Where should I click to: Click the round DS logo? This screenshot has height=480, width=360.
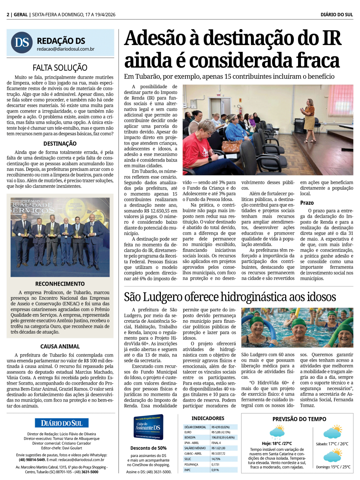[x=22, y=42]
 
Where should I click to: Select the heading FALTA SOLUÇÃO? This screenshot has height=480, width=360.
[x=60, y=68]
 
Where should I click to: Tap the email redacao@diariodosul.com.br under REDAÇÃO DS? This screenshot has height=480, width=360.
[x=66, y=49]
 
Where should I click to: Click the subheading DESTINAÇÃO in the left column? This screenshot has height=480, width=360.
[x=60, y=144]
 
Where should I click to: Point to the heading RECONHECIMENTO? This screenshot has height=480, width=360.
[x=60, y=284]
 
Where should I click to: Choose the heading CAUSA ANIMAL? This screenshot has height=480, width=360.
[x=60, y=347]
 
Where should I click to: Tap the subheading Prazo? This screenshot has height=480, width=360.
[x=307, y=203]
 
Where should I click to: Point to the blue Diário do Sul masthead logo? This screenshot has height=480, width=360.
[x=62, y=423]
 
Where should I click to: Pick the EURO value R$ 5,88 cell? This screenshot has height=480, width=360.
[x=221, y=433]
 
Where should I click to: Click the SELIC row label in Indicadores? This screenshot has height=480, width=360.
[x=188, y=459]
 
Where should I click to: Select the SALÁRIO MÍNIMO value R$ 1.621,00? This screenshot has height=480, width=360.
[x=219, y=448]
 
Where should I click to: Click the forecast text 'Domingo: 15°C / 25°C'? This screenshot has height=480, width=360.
[x=333, y=467]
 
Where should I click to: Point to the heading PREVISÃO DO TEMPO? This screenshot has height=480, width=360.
[x=299, y=419]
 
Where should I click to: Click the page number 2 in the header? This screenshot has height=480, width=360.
[x=8, y=15]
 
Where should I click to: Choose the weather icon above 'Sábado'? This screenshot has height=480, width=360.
[x=332, y=432]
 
